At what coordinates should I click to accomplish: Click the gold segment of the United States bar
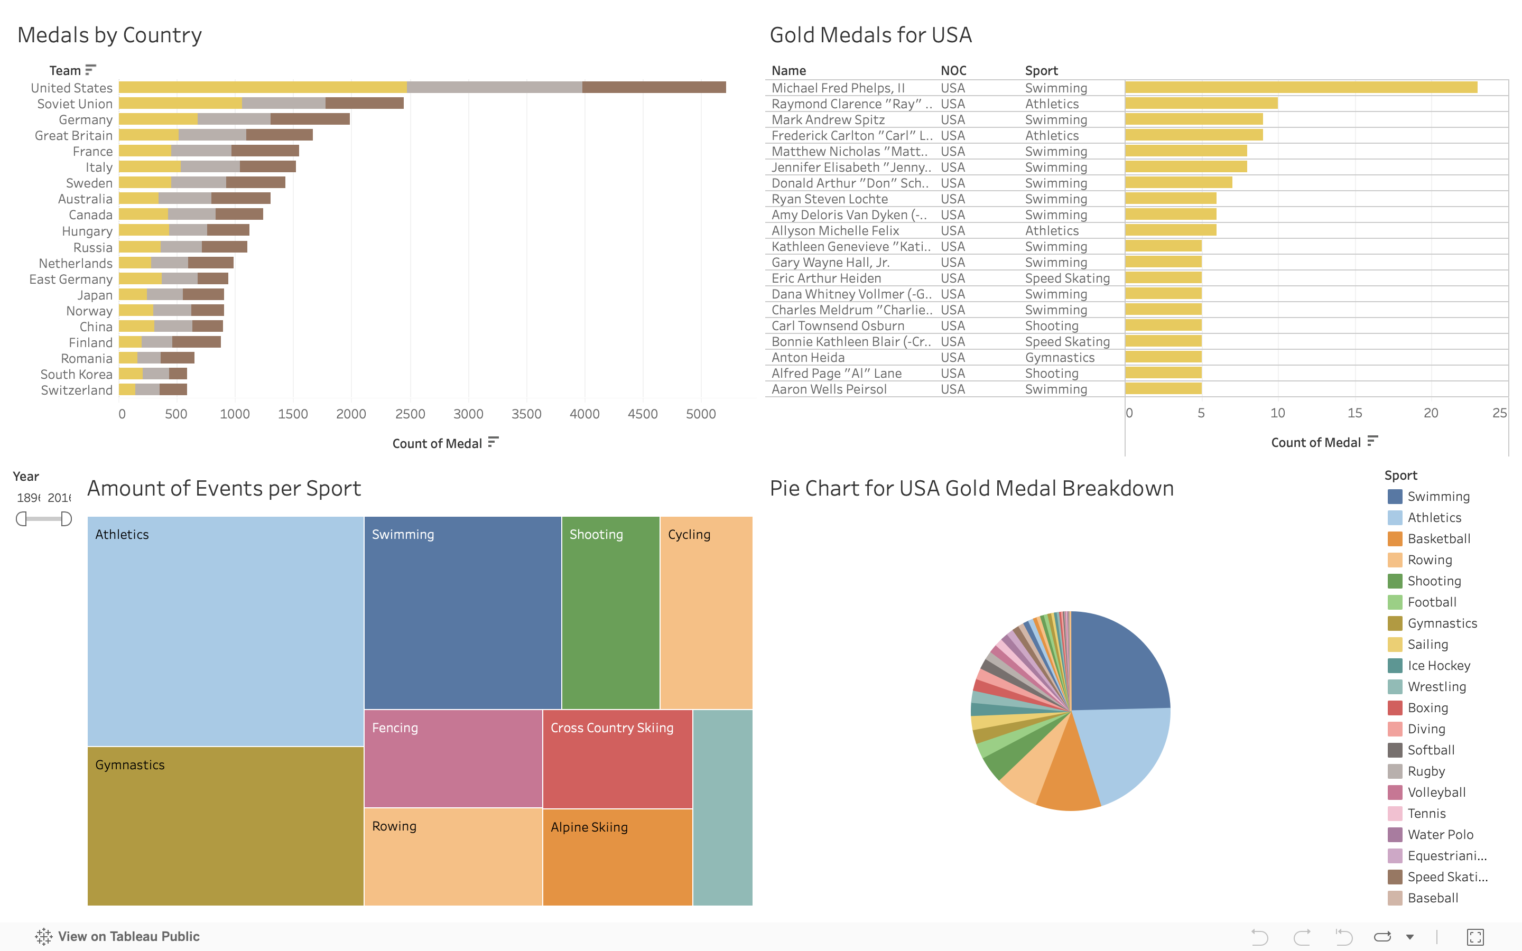(262, 87)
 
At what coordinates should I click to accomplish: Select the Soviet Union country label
(75, 104)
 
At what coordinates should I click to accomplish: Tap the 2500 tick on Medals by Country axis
(410, 414)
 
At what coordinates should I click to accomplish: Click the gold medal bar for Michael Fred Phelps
(1301, 87)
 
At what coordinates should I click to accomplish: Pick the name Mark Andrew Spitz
(828, 119)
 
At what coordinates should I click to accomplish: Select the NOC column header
(953, 70)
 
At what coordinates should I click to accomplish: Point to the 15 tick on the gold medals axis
(1354, 413)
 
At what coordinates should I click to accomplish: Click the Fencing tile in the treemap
(453, 758)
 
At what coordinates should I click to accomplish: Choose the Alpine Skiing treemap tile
(617, 856)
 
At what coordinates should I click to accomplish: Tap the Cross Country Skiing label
(611, 728)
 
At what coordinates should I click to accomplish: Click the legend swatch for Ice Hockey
(1394, 666)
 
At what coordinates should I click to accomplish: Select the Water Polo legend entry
(1440, 835)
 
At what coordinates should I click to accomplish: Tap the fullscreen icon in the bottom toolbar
(1475, 937)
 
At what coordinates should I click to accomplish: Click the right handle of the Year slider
(66, 519)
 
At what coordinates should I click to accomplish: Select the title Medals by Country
(109, 35)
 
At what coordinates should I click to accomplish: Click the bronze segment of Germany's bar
(310, 119)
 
